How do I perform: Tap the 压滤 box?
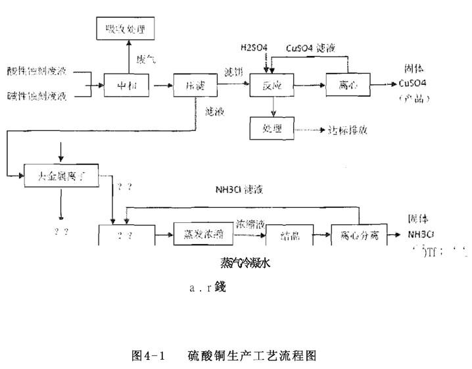pos(191,85)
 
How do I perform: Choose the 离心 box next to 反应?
pos(347,85)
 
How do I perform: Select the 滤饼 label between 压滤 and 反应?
pos(234,71)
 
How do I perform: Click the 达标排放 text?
pos(349,130)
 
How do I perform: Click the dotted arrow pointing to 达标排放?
pos(309,129)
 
